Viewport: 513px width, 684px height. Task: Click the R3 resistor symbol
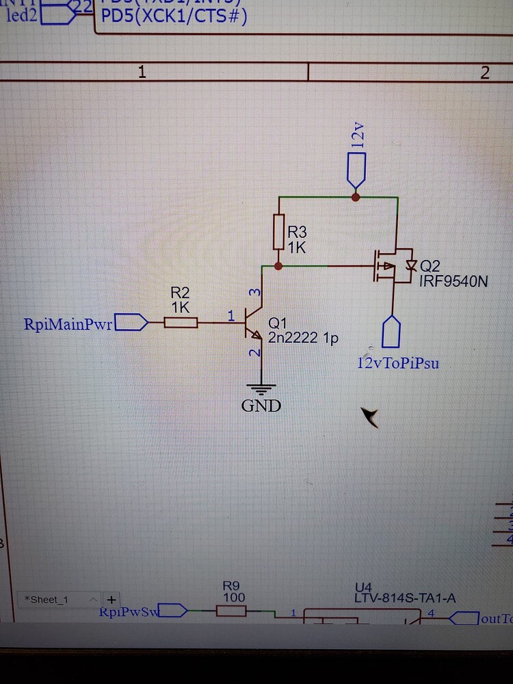pyautogui.click(x=279, y=232)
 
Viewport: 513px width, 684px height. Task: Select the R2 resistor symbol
pyautogui.click(x=181, y=322)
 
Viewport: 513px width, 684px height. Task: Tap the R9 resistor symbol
pyautogui.click(x=231, y=610)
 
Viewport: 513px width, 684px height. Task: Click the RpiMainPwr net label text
pyautogui.click(x=68, y=322)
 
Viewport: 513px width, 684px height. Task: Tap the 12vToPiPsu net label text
pyautogui.click(x=397, y=363)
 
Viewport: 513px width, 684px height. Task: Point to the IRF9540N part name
pyautogui.click(x=453, y=280)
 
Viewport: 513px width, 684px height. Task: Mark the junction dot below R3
pyautogui.click(x=278, y=265)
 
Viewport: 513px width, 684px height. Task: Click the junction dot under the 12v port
pyautogui.click(x=355, y=197)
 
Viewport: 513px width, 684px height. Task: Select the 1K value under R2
pyautogui.click(x=180, y=308)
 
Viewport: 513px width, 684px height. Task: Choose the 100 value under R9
pyautogui.click(x=234, y=597)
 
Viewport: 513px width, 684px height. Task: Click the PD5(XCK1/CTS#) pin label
pyautogui.click(x=174, y=16)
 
